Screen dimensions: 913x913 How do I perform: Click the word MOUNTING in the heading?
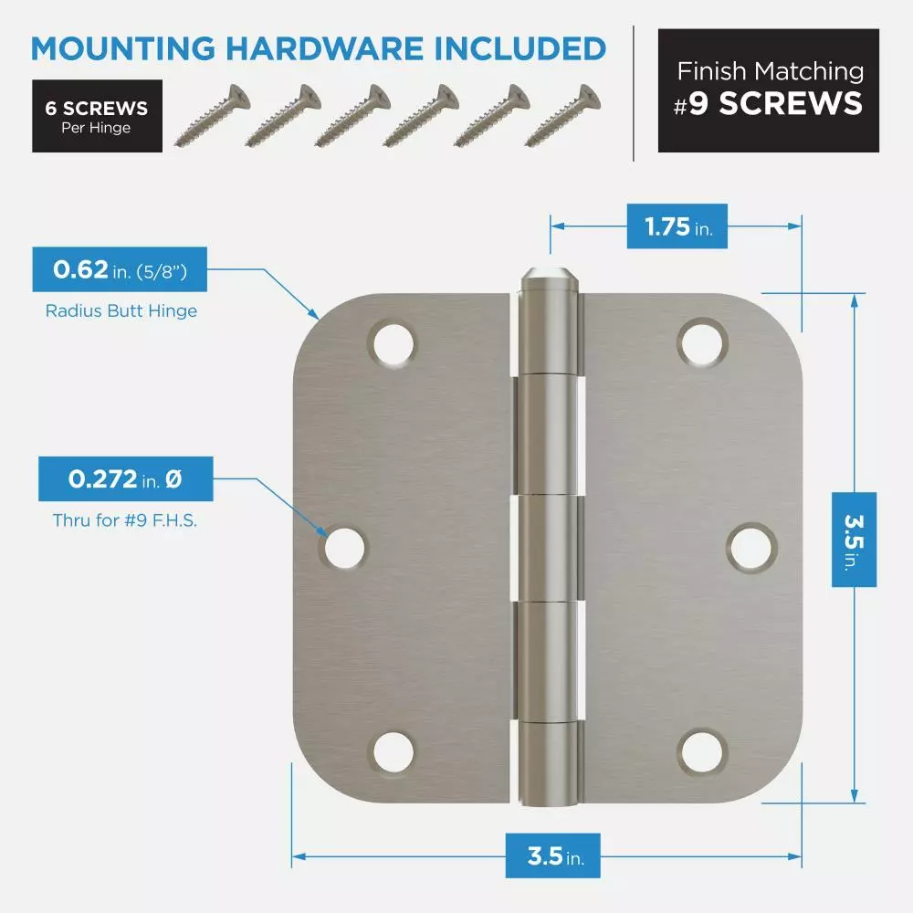tap(123, 48)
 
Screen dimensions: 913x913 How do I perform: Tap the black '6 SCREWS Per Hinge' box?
tap(98, 116)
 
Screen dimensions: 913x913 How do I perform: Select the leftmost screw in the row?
tap(213, 115)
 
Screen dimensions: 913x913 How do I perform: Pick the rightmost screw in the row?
tap(562, 115)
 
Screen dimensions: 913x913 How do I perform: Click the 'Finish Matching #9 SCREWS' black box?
tap(769, 90)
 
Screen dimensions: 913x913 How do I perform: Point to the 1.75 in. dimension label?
tap(677, 226)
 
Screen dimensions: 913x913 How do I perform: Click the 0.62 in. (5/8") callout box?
tap(120, 269)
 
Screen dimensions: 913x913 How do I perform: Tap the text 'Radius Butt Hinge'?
tap(121, 311)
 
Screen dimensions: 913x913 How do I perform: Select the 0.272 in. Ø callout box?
tap(126, 478)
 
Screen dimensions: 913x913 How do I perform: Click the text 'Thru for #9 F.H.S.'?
tap(125, 520)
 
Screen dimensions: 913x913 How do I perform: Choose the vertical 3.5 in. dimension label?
tap(855, 540)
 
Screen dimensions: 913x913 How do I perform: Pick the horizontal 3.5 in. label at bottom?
tap(553, 856)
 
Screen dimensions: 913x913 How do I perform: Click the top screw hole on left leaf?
tap(393, 343)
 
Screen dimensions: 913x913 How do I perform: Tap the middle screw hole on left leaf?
tap(343, 547)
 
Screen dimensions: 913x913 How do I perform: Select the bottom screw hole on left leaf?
tap(393, 751)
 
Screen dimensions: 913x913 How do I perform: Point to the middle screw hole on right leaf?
tap(751, 547)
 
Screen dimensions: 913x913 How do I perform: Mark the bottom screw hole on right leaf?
tap(703, 751)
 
